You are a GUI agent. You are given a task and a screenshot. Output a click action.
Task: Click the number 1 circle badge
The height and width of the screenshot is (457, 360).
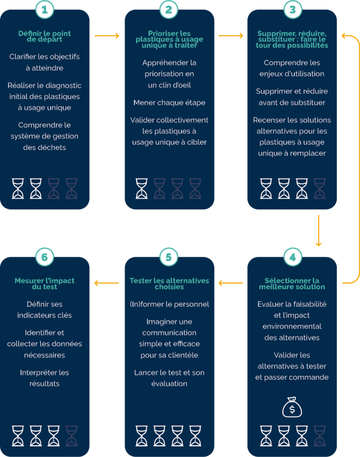45,10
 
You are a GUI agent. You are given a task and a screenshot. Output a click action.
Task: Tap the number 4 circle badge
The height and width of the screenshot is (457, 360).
293,257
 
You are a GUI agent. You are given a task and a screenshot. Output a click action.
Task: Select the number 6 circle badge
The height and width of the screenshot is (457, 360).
45,257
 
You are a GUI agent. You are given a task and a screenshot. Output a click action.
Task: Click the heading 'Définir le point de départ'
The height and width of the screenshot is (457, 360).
45,37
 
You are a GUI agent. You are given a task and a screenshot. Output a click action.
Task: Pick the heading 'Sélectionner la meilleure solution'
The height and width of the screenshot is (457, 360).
292,284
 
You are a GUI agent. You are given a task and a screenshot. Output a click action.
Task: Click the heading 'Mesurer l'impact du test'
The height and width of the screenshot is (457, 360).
45,284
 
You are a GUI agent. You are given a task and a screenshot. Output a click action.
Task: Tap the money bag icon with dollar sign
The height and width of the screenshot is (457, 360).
292,407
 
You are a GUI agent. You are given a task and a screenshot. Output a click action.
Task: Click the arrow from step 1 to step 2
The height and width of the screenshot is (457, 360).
107,36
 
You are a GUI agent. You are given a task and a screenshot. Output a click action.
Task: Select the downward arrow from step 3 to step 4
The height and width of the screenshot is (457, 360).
318,231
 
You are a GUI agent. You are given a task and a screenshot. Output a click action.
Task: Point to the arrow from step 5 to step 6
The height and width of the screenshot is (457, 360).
107,283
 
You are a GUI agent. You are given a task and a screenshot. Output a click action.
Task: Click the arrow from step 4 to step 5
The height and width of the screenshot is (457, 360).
231,283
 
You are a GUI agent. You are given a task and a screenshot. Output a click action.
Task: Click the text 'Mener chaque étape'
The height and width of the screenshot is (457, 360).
169,103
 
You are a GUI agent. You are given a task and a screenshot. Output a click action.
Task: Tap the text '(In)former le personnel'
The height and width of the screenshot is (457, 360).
169,304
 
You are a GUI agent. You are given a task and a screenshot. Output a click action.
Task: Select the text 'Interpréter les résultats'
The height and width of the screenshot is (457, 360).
45,378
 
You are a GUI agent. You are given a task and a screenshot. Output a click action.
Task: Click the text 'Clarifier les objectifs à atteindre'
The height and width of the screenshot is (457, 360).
45,62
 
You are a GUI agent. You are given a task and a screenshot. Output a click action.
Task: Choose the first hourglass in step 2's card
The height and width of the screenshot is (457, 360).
142,189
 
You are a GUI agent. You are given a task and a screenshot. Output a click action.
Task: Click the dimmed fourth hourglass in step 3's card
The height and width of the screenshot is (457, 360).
320,189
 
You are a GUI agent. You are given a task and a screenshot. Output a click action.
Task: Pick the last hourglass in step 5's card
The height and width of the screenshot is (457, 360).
195,436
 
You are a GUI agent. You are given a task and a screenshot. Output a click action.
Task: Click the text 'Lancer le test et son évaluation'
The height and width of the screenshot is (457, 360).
169,378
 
